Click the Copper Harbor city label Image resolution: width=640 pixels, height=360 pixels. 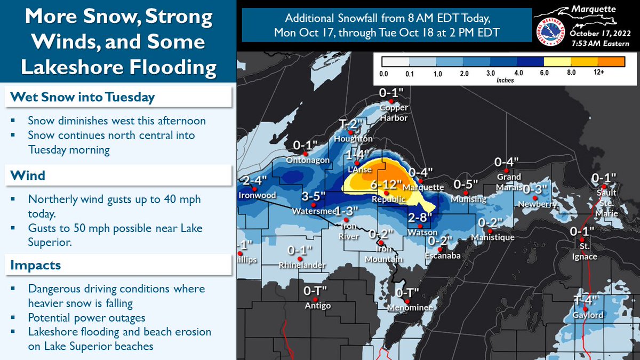coord(394,113)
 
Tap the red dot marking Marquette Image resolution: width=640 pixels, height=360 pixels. coord(420,180)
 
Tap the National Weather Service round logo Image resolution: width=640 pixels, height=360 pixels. coord(549,31)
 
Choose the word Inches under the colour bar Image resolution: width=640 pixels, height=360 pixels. coord(505,80)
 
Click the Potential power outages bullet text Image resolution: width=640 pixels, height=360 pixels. coord(86,317)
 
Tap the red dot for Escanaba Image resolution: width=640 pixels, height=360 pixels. coord(439,250)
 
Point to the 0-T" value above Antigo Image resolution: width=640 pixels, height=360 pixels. coord(316,291)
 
